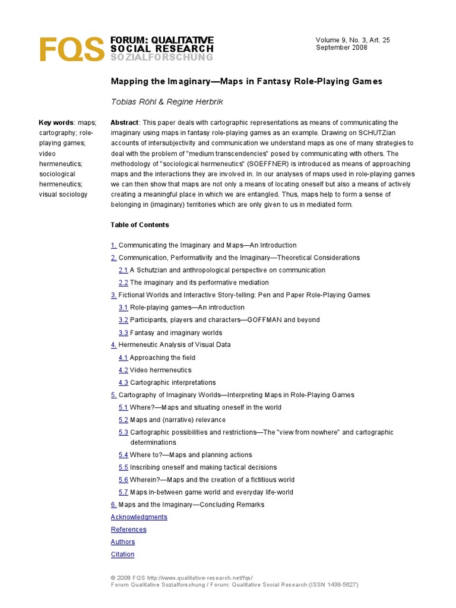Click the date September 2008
pos(341,47)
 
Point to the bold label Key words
pos(56,122)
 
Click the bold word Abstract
pos(124,122)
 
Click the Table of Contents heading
pos(140,225)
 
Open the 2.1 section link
pos(123,270)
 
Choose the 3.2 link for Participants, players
pos(123,320)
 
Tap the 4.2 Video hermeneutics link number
pos(123,370)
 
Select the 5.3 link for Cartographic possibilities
pos(123,432)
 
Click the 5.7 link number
pos(123,492)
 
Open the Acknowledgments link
pos(139,517)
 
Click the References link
pos(128,530)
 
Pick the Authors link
pos(122,542)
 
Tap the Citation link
pos(122,555)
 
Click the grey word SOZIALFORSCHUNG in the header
pos(161,57)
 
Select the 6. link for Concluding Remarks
pos(113,505)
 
